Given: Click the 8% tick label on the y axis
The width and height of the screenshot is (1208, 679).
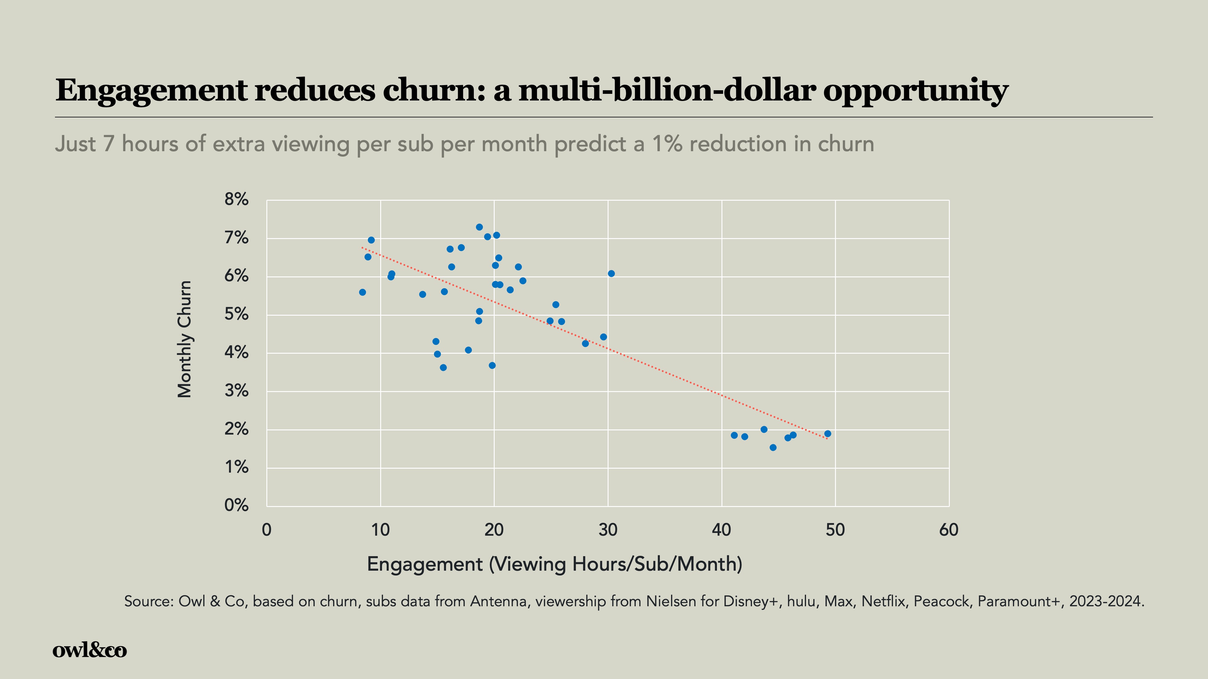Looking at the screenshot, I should point(236,199).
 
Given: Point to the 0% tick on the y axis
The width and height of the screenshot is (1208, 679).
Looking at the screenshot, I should point(236,505).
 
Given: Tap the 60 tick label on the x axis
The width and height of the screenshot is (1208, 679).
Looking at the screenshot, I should point(949,530).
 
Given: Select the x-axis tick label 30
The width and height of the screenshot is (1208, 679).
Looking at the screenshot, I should point(608,530).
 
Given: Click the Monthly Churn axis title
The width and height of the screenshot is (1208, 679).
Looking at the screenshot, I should point(185,339).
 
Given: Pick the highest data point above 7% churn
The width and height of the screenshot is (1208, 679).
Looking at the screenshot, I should point(479,227).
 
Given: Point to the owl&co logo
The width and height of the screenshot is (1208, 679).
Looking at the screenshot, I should point(90,650).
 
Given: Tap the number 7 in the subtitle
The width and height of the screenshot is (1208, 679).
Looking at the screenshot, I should point(108,144).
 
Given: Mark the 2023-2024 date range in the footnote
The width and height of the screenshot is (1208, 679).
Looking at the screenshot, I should point(1106,601).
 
